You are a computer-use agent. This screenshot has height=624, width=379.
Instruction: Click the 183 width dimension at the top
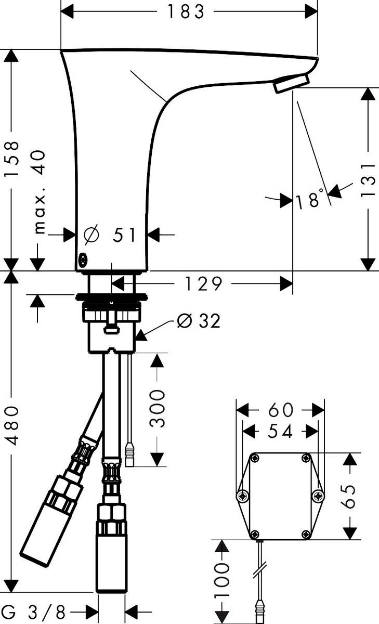click(x=186, y=11)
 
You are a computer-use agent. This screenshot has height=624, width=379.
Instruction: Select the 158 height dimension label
click(x=11, y=159)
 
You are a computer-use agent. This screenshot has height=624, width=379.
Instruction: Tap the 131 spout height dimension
click(x=368, y=180)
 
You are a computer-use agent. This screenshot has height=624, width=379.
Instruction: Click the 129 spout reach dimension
click(x=204, y=284)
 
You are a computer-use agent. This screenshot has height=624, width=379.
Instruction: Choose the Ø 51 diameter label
click(x=110, y=235)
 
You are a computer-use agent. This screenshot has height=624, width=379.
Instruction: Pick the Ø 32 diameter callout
click(x=199, y=321)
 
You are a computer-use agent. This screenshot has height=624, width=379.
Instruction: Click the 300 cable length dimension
click(x=157, y=409)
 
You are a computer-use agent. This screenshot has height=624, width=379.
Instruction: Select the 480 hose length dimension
click(x=12, y=425)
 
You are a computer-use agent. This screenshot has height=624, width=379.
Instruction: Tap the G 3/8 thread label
click(x=33, y=612)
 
